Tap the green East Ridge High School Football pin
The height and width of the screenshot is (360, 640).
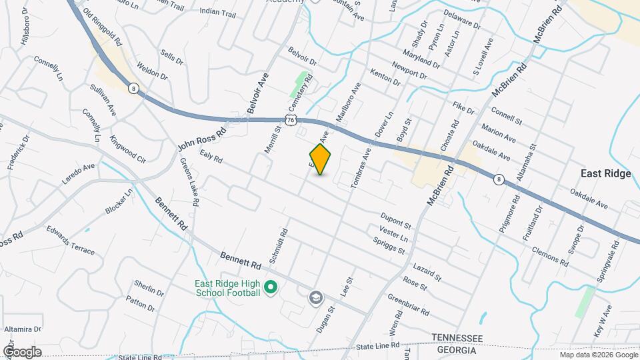pyautogui.click(x=271, y=287)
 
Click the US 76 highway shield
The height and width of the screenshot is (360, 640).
pyautogui.click(x=289, y=119)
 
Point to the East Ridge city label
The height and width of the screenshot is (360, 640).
pyautogui.click(x=605, y=173)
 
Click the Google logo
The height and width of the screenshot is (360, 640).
pyautogui.click(x=22, y=351)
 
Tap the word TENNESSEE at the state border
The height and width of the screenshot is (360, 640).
pyautogui.click(x=457, y=339)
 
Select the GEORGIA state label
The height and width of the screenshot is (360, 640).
pyautogui.click(x=457, y=350)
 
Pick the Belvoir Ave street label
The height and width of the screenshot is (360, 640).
pyautogui.click(x=257, y=94)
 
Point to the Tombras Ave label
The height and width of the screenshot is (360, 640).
pyautogui.click(x=359, y=167)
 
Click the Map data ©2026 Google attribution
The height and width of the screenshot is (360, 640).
pyautogui.click(x=598, y=354)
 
